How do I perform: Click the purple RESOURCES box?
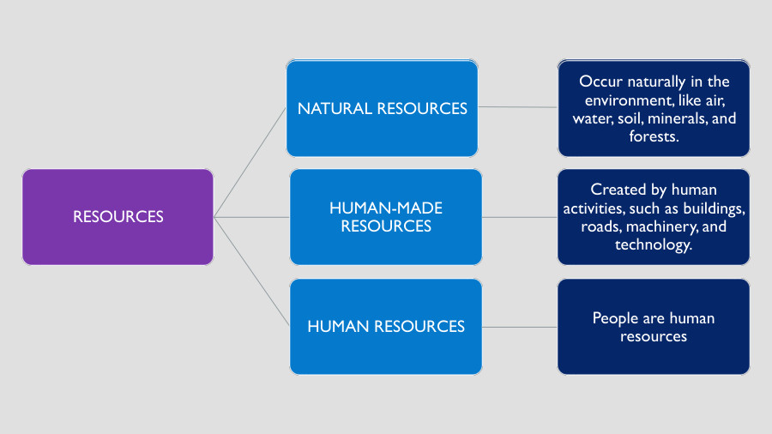point(118,217)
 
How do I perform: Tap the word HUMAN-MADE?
point(385,208)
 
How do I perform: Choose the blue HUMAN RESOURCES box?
point(385,326)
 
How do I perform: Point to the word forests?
point(654,136)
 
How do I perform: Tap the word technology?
point(653,245)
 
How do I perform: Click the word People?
point(615,318)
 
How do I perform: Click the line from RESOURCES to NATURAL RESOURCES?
point(250,162)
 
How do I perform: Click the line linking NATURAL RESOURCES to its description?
point(518,107)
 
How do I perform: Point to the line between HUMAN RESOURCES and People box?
point(520,326)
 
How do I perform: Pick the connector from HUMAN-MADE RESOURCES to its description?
point(520,217)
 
